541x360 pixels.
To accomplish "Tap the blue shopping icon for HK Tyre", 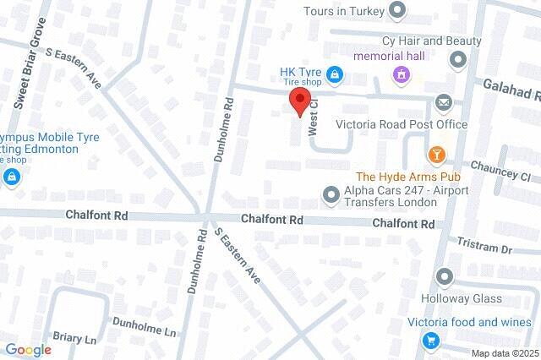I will pyautogui.click(x=336, y=75).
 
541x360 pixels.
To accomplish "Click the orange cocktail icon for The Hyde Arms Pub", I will pyautogui.click(x=436, y=154).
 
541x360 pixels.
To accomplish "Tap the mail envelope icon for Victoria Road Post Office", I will pyautogui.click(x=443, y=103).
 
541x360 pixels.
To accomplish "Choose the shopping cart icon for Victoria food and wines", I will pyautogui.click(x=431, y=341).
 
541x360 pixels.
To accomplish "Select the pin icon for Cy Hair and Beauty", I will pyautogui.click(x=459, y=59).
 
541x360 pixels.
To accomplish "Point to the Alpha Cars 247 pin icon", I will pyautogui.click(x=331, y=196).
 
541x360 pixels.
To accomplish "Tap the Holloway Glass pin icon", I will pyautogui.click(x=445, y=277).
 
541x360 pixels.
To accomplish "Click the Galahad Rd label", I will pyautogui.click(x=511, y=89).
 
